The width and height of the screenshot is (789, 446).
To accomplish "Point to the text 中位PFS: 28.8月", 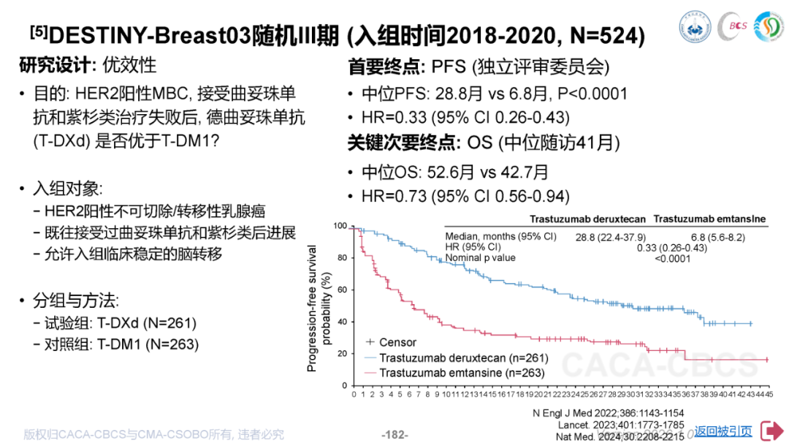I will coord(416,94).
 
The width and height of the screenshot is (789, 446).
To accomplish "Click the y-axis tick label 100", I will coord(340,226).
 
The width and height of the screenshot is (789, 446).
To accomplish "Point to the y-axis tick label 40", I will coord(342,322).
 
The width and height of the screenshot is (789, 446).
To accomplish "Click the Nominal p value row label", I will coord(480,257).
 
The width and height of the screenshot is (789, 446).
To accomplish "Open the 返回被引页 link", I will coord(723,431).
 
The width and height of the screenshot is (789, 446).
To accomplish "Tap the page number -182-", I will coord(394,434).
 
